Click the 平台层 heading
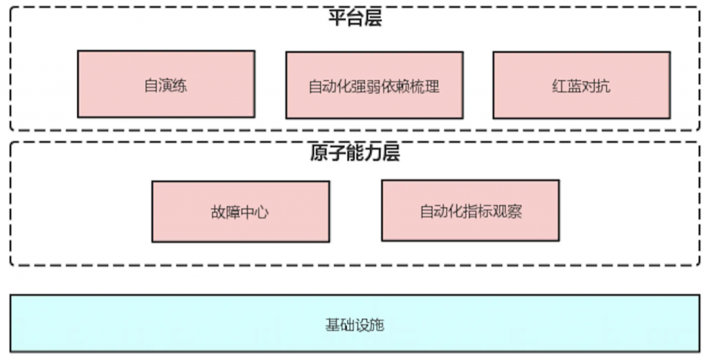pyautogui.click(x=354, y=18)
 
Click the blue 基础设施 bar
pyautogui.click(x=206, y=324)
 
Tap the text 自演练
pyautogui.click(x=166, y=86)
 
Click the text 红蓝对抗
pyautogui.click(x=581, y=87)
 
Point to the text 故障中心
pyautogui.click(x=240, y=212)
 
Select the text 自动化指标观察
pyautogui.click(x=470, y=211)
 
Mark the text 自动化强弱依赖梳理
pyautogui.click(x=373, y=87)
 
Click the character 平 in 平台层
pyautogui.click(x=336, y=18)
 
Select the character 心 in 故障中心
pyautogui.click(x=262, y=212)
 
